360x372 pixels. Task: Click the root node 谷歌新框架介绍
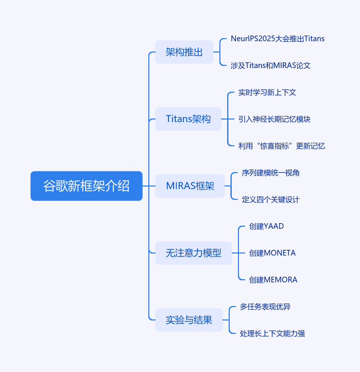[x=87, y=186]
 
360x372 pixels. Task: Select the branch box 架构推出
[x=184, y=52]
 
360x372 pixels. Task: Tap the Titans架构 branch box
[x=188, y=119]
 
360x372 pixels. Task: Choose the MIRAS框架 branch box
[x=190, y=186]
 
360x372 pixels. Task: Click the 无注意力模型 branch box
[x=194, y=253]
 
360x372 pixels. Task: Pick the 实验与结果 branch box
[x=189, y=320]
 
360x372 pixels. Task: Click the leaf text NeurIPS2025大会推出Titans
[x=278, y=39]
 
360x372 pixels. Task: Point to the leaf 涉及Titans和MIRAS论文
[x=270, y=65]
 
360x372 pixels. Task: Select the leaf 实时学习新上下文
[x=267, y=92]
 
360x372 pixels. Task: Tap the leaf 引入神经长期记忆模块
[x=274, y=119]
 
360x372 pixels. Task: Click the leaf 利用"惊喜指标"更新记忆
[x=281, y=146]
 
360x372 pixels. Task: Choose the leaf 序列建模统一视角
[x=270, y=173]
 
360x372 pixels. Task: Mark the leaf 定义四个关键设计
[x=270, y=199]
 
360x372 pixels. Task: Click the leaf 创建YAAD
[x=266, y=226]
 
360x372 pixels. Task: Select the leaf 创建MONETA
[x=272, y=253]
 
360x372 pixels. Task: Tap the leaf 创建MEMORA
[x=273, y=280]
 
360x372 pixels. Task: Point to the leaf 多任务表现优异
[x=265, y=307]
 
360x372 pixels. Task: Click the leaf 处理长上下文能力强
[x=272, y=333]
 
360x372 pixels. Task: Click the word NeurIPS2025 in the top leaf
[x=253, y=39]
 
